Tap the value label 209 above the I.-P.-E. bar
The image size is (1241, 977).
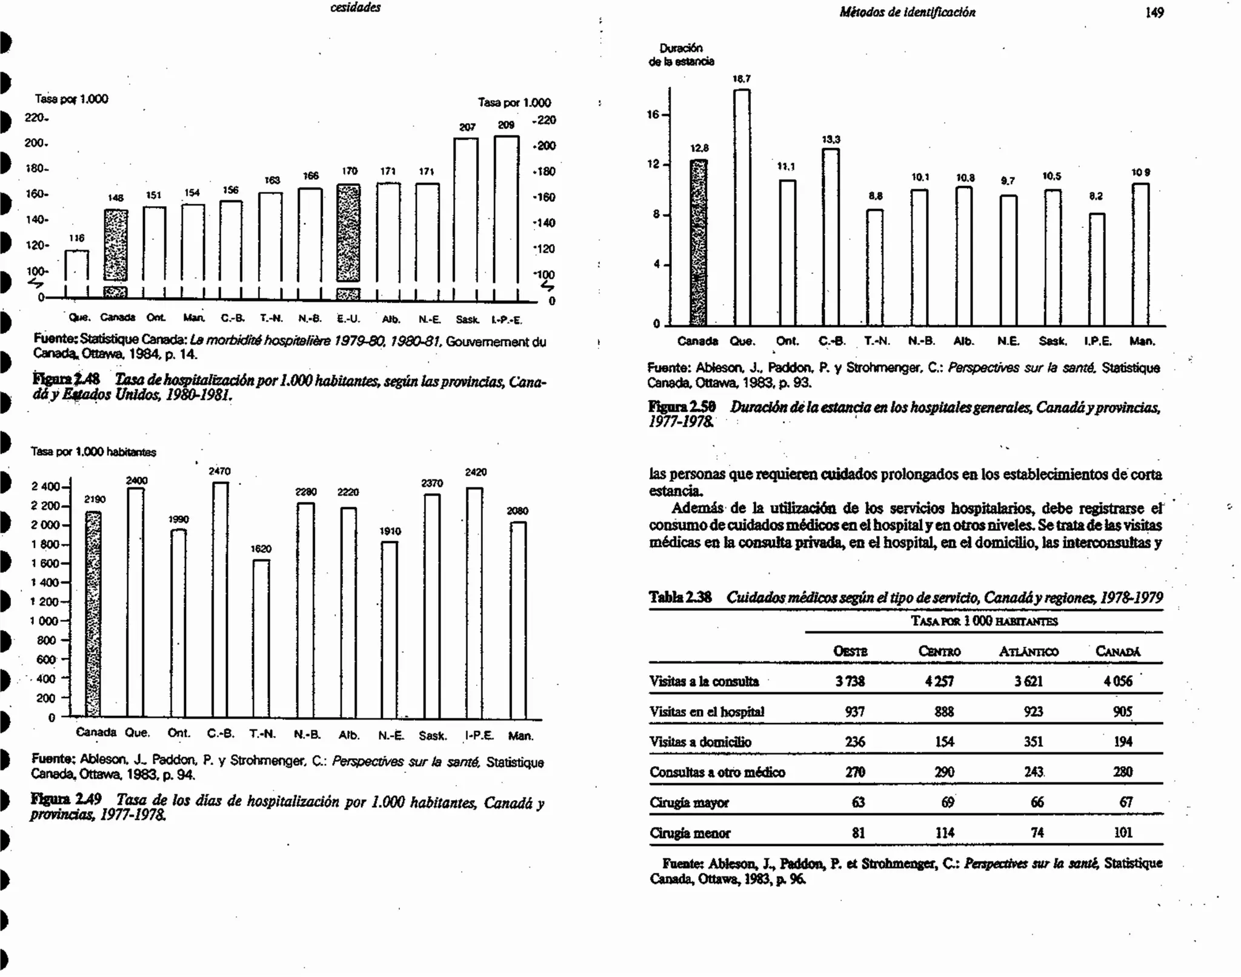click(x=506, y=125)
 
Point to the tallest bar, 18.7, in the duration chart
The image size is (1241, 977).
click(x=742, y=206)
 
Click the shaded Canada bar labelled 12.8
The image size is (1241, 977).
click(x=699, y=242)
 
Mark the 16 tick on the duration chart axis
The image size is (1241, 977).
click(x=653, y=114)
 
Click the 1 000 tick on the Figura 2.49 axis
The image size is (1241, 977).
click(x=44, y=621)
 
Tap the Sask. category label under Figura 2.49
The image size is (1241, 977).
click(x=432, y=736)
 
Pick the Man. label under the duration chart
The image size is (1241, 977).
click(x=1142, y=341)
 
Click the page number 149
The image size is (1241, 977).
click(x=1154, y=13)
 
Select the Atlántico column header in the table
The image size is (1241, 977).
click(x=1028, y=652)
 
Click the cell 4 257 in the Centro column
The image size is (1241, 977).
click(x=939, y=681)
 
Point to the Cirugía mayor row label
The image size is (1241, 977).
click(x=689, y=803)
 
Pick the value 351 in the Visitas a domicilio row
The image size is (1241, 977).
click(x=1033, y=742)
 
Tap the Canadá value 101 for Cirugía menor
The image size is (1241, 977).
click(x=1122, y=833)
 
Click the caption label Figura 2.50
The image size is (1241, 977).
click(x=682, y=407)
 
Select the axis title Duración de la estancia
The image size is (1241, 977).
click(x=681, y=55)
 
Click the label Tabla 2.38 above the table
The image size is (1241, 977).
click(x=680, y=598)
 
